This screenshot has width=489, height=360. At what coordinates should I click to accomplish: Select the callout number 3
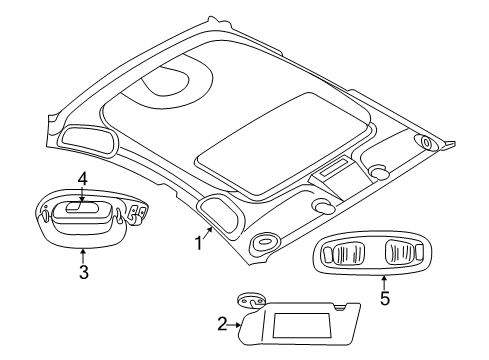[83, 272]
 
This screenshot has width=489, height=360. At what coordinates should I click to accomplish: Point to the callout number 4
[83, 180]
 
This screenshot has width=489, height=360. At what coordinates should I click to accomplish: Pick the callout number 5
[385, 299]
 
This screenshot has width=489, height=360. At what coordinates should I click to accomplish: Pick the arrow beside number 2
[240, 324]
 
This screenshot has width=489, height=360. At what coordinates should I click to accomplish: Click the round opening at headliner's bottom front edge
[266, 242]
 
